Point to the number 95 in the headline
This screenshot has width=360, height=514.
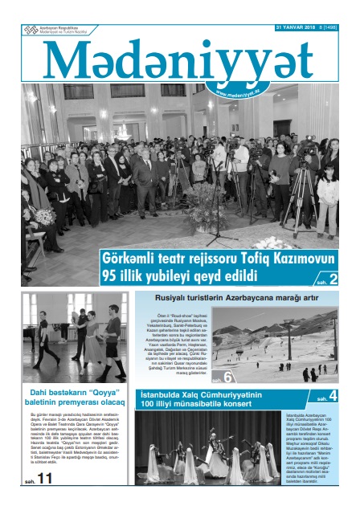click(111, 277)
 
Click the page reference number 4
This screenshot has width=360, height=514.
click(332, 397)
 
